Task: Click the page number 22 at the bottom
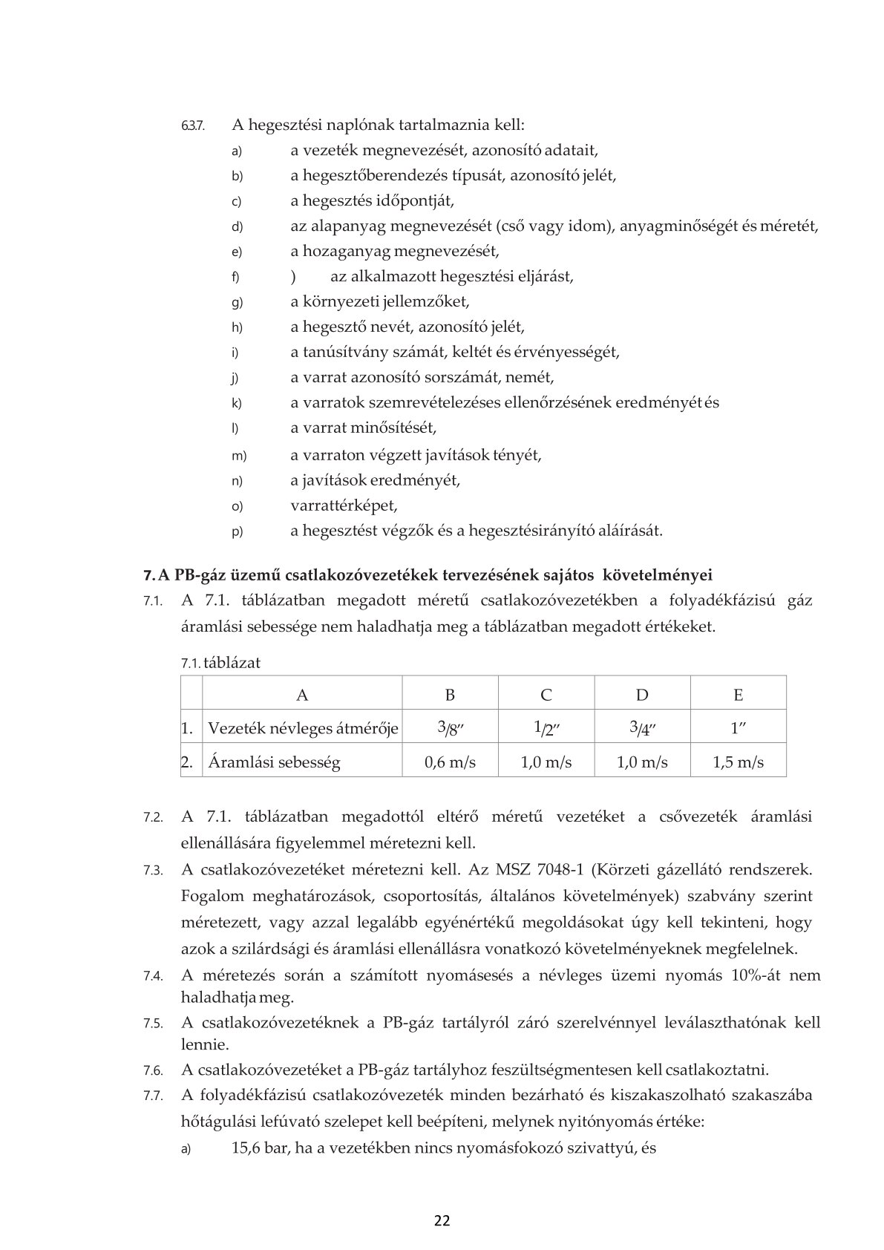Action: point(442,1220)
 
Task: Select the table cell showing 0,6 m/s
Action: point(450,762)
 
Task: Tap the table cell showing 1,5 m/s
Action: point(738,762)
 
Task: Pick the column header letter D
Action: point(642,695)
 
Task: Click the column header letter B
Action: point(450,695)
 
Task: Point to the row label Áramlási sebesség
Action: point(274,762)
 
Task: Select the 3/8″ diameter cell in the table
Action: point(450,728)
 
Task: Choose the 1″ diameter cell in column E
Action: point(738,728)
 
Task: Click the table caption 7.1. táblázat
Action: point(220,663)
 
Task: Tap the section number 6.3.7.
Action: point(192,126)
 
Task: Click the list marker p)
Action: point(237,531)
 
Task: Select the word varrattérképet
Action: point(344,505)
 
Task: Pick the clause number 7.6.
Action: point(153,1070)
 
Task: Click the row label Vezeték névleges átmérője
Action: point(303,728)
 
